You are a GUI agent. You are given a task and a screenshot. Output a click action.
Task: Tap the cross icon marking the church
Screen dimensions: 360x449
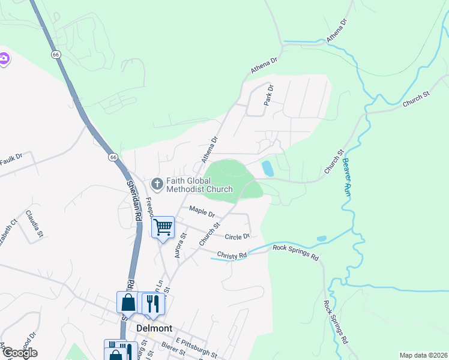click(157, 182)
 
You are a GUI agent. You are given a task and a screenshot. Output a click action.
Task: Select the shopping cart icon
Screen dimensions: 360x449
click(162, 227)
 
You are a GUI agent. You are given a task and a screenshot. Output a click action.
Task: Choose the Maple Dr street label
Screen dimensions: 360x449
click(202, 211)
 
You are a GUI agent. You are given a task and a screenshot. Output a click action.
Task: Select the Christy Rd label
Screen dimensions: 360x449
click(232, 255)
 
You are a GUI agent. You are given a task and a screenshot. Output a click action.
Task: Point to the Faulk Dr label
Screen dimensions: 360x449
click(10, 160)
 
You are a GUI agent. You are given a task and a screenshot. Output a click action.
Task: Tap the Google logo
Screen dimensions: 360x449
click(19, 353)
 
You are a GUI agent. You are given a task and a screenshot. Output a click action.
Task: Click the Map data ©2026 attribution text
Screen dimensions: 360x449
click(423, 355)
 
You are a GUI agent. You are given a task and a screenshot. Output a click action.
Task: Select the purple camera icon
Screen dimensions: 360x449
click(4, 58)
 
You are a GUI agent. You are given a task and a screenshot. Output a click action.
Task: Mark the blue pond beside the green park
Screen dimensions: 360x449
click(268, 169)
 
